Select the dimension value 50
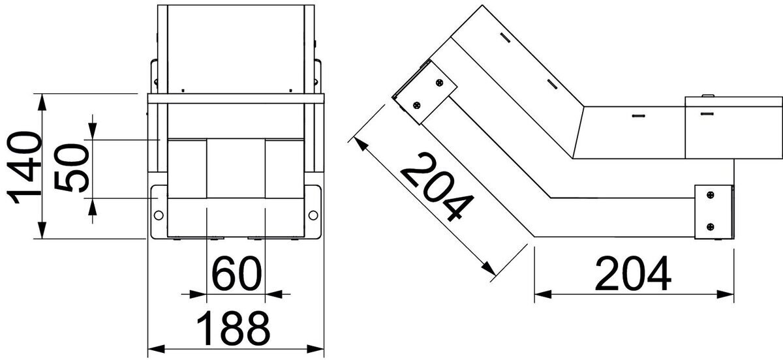[x=72, y=168]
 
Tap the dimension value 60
[x=236, y=274]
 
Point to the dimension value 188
[x=233, y=327]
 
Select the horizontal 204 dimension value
[x=633, y=274]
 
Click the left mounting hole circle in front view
[x=159, y=215]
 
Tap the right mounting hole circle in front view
[x=313, y=215]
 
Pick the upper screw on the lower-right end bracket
[x=711, y=195]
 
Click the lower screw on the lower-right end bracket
[x=711, y=227]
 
